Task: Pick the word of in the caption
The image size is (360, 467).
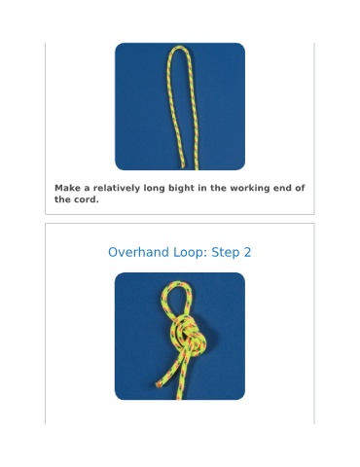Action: (301, 188)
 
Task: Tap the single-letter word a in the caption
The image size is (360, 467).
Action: (87, 189)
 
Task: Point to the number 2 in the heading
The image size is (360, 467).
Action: (247, 252)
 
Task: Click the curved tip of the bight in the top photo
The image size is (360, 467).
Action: (179, 48)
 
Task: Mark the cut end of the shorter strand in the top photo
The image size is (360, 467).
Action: (183, 166)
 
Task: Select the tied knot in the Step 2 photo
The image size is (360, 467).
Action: (188, 336)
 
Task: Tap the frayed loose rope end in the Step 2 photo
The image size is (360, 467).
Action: (159, 384)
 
